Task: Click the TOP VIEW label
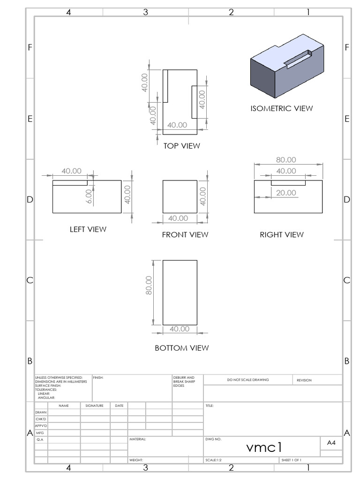click(x=181, y=146)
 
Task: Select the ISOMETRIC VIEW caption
click(x=281, y=108)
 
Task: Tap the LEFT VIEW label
click(x=88, y=229)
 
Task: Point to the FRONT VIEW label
click(x=185, y=234)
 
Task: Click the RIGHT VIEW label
click(x=282, y=234)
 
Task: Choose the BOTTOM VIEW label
click(x=181, y=348)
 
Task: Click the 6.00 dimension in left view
click(x=89, y=195)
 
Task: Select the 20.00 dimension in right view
click(x=286, y=193)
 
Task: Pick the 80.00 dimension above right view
click(x=286, y=160)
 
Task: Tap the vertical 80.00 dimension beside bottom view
click(x=149, y=285)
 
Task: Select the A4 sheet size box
click(x=331, y=442)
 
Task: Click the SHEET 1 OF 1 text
click(x=291, y=460)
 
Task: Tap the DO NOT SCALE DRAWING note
click(x=248, y=380)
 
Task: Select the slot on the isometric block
click(x=298, y=60)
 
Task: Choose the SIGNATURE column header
click(x=94, y=405)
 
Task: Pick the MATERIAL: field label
click(x=138, y=440)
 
